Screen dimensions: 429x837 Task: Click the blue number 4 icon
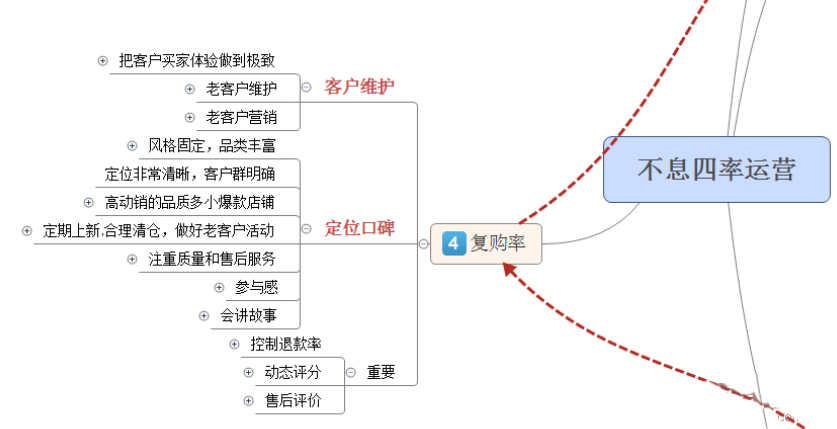tap(454, 243)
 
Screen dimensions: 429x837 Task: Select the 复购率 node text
tap(498, 243)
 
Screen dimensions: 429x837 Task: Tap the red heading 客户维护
tap(359, 87)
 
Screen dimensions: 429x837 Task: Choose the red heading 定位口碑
tap(359, 229)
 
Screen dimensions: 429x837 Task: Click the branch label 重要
tap(381, 373)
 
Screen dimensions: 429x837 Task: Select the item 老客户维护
tap(241, 89)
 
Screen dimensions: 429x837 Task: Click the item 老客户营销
tap(241, 117)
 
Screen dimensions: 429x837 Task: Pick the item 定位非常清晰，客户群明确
tap(189, 174)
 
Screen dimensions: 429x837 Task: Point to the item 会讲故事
tap(249, 316)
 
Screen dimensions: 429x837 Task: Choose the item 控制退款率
tap(286, 344)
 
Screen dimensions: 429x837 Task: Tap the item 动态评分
tap(292, 373)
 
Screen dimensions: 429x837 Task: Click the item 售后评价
tap(292, 401)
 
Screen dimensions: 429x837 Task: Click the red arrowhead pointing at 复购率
tap(510, 268)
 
